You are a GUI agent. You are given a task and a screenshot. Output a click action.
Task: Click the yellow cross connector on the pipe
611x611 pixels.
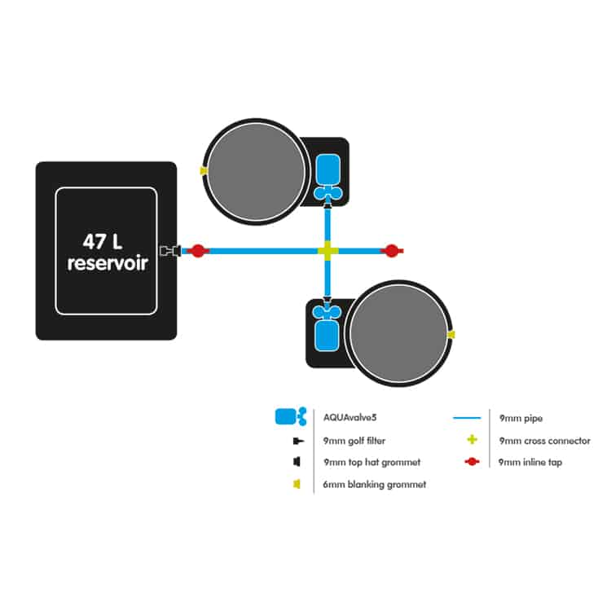(x=328, y=251)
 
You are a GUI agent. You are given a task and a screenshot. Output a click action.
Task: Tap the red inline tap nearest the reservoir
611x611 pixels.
(x=198, y=251)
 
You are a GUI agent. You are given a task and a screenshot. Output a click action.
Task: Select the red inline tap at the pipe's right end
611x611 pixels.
(x=392, y=251)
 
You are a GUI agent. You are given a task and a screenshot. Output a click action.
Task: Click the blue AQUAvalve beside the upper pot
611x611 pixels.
(x=328, y=178)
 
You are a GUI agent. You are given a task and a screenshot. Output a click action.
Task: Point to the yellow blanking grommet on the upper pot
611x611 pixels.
(x=204, y=171)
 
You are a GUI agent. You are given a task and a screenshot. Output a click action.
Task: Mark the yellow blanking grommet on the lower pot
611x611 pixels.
(x=451, y=335)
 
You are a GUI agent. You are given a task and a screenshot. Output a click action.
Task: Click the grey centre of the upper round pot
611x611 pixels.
(x=257, y=172)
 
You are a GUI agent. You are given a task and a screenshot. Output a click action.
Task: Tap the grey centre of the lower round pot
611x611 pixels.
(x=398, y=333)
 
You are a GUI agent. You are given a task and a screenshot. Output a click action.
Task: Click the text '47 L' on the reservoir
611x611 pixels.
(x=103, y=242)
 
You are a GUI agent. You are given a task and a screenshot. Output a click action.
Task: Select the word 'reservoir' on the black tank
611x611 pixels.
(x=108, y=263)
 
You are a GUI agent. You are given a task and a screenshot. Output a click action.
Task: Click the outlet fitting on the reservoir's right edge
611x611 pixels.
(x=170, y=251)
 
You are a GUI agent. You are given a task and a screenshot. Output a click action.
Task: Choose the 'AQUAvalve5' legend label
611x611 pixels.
(x=350, y=418)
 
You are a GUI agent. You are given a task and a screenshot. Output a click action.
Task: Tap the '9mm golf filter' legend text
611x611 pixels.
(x=354, y=441)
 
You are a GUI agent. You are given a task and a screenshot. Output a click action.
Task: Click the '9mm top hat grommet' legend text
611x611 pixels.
(x=372, y=462)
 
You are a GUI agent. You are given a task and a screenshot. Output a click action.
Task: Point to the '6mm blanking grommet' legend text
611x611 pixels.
(x=375, y=485)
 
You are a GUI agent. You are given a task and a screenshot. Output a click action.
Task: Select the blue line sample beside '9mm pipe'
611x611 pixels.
(x=467, y=418)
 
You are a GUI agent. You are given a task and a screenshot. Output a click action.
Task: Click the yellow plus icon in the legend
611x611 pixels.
(x=473, y=440)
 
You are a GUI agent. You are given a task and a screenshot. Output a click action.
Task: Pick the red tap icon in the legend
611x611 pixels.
(x=472, y=462)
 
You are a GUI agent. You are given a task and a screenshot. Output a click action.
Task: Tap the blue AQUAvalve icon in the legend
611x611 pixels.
(x=291, y=416)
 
